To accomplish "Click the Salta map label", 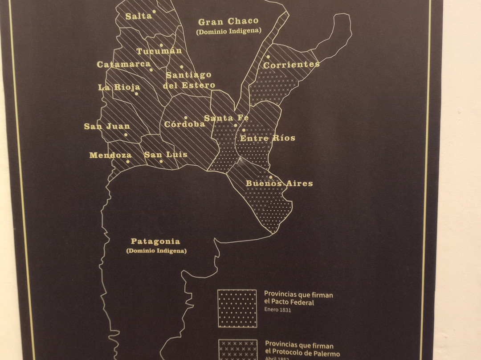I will (139, 16).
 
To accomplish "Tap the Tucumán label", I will (159, 51).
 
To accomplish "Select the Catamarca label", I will (123, 65).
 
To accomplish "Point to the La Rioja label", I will (119, 87).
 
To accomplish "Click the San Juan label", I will (107, 127).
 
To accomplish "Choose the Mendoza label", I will (110, 155).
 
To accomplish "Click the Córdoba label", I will (184, 124).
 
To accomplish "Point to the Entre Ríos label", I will (268, 138).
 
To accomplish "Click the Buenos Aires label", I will (279, 183).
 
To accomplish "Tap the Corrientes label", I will (291, 65).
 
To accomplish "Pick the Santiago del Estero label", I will (189, 80).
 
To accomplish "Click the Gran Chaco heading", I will (228, 21).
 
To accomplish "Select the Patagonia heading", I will (155, 241).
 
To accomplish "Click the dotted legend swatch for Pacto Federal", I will (237, 308).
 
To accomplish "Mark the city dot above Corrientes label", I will (268, 57).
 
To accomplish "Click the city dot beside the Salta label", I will (154, 11).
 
